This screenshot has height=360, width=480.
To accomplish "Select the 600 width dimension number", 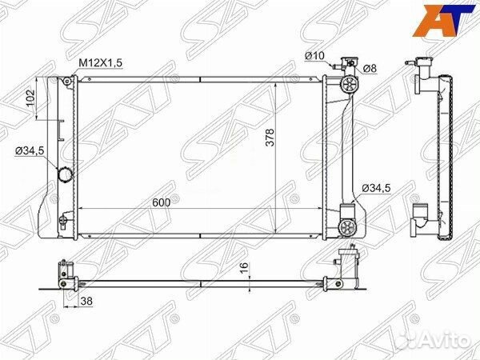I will tap(162, 202).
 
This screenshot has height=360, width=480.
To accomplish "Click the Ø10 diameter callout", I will tap(313, 54).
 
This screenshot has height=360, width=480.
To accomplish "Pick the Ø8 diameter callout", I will tap(370, 69).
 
